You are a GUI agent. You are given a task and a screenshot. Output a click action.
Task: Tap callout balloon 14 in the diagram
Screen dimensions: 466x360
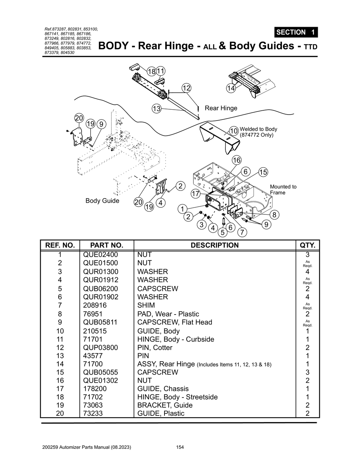click(231, 88)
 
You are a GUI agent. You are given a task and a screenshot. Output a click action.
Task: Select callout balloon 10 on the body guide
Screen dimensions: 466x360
click(234, 131)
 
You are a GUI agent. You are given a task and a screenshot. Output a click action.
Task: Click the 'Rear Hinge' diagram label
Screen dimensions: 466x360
click(221, 108)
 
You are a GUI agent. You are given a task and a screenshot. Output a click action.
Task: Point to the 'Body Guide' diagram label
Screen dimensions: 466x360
click(102, 201)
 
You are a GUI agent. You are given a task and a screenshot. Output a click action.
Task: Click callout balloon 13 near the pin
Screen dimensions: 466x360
click(156, 109)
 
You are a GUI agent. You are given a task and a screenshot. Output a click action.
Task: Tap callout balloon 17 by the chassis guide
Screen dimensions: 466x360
click(195, 194)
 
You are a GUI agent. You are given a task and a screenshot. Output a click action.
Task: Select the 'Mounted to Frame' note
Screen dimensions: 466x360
click(283, 189)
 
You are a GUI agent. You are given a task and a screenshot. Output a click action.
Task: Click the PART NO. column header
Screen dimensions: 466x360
click(107, 245)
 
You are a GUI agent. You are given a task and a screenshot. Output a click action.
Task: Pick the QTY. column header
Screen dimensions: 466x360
click(307, 245)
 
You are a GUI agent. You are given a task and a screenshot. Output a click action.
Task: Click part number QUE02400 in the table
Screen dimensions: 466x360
click(101, 255)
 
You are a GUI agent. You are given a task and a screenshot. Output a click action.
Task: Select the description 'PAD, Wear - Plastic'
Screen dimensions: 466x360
click(168, 314)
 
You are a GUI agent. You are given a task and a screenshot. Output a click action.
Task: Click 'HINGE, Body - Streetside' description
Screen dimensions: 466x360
click(177, 397)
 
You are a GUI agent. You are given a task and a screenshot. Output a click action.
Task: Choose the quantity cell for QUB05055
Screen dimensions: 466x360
click(307, 372)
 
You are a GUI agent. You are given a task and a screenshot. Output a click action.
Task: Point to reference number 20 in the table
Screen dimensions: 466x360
click(60, 414)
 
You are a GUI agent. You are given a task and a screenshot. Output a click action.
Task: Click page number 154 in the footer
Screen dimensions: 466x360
click(180, 447)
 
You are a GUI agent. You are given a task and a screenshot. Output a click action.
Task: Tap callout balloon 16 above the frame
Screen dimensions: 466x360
click(237, 160)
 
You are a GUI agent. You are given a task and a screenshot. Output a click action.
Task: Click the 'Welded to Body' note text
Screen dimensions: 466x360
click(258, 129)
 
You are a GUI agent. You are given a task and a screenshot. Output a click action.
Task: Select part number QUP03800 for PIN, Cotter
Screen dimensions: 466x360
click(101, 348)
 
